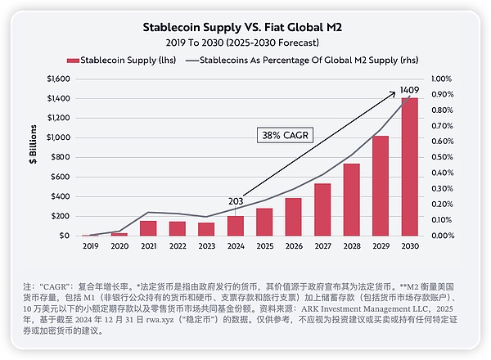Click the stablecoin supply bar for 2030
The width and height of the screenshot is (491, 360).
click(x=409, y=167)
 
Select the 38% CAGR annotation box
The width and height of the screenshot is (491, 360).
click(x=280, y=134)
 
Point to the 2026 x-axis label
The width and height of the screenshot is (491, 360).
click(x=294, y=246)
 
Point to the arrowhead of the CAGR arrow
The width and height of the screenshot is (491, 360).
click(x=408, y=95)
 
